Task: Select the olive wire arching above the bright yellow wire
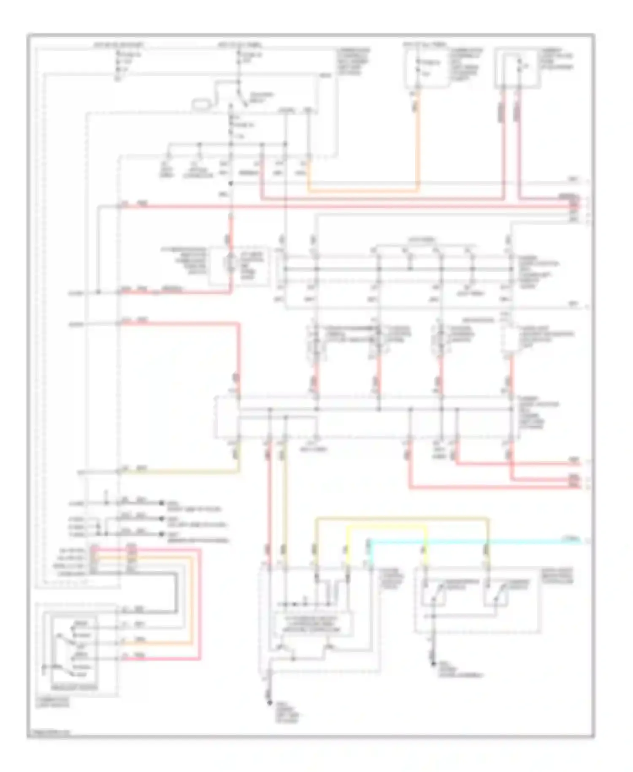point(401,518)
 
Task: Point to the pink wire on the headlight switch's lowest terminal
point(160,659)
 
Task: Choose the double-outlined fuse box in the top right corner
point(517,68)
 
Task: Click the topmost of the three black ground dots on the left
point(161,503)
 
